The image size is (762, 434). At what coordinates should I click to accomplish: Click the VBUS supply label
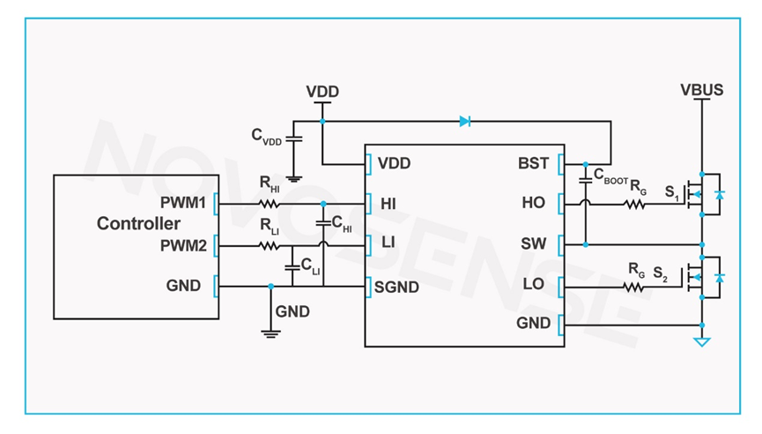(701, 89)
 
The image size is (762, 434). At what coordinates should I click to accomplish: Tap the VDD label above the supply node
(322, 92)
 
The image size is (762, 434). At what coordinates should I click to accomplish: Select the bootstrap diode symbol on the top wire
(464, 121)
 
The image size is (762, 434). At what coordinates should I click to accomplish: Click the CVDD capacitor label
(267, 136)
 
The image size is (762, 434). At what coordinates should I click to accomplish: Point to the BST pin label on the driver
(534, 163)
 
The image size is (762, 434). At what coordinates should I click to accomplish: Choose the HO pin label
(534, 203)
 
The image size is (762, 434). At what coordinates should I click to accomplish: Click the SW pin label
(534, 243)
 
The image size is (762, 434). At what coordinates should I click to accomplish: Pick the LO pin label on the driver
(534, 284)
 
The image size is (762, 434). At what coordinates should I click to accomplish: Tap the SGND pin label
(398, 287)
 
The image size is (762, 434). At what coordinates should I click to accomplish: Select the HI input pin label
(388, 204)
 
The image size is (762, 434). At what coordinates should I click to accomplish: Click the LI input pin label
(387, 242)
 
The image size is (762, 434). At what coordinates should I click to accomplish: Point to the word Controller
(138, 223)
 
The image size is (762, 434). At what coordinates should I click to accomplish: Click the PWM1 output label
(183, 203)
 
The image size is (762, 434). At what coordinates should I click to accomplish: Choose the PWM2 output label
(183, 244)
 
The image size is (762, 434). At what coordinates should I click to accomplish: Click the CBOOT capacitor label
(610, 175)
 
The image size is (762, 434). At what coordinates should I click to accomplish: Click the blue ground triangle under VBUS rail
(701, 340)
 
